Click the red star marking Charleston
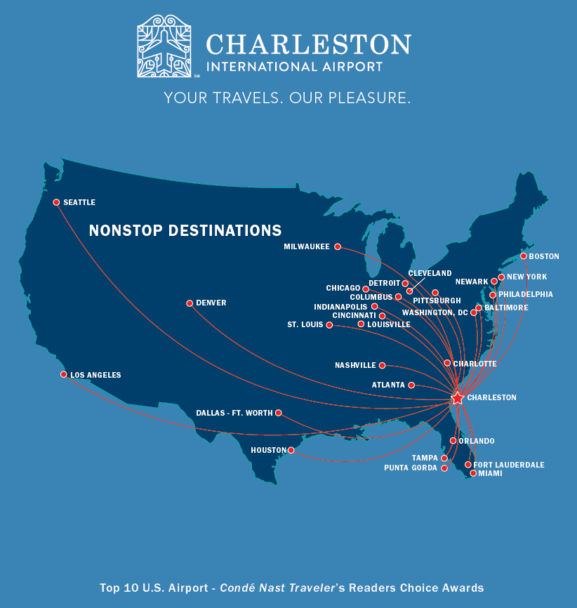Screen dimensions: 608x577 coord(457,398)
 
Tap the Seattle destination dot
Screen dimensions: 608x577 coord(56,202)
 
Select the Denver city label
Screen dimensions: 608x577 coord(211,303)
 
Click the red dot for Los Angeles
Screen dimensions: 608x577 coord(64,375)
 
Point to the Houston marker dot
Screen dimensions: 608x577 coord(291,450)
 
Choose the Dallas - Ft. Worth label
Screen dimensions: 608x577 coord(234,413)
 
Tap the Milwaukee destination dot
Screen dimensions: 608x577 coord(338,246)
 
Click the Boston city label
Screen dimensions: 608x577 coord(544,256)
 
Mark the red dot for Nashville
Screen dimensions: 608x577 coord(383,365)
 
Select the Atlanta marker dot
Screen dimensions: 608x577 coord(411,385)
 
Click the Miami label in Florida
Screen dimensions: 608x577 coord(490,474)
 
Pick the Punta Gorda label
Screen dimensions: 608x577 coord(410,468)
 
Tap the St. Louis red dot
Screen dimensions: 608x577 coord(329,325)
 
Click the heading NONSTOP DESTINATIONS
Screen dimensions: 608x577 coord(185,230)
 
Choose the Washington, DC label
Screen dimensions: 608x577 coord(435,312)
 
